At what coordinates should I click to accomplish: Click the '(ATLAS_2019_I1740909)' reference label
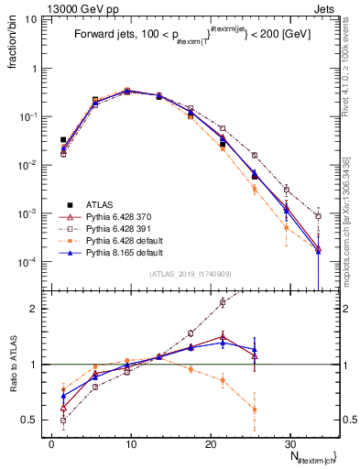click(x=189, y=274)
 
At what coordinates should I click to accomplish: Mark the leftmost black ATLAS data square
click(x=63, y=140)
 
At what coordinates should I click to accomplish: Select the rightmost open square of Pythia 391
click(x=318, y=216)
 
